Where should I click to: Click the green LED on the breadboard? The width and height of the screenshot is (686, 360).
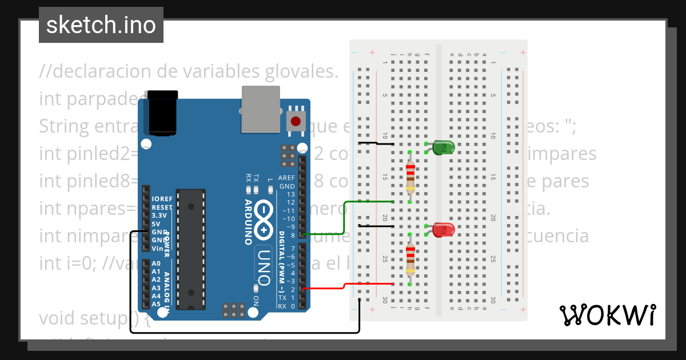click(x=443, y=148)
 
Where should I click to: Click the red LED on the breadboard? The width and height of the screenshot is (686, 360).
click(x=443, y=230)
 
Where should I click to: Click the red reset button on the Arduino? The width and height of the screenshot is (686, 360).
click(x=296, y=121)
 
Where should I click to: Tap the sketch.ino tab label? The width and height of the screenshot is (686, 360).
click(x=101, y=25)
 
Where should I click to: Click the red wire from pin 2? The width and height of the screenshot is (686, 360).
click(x=343, y=285)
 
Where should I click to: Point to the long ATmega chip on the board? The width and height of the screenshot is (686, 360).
click(x=190, y=249)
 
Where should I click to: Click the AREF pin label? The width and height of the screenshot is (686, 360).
click(x=287, y=178)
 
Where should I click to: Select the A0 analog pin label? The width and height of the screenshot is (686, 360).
click(x=156, y=263)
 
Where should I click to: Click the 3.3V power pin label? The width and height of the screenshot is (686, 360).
click(x=159, y=215)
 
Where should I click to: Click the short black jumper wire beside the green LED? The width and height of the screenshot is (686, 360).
click(x=375, y=143)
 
